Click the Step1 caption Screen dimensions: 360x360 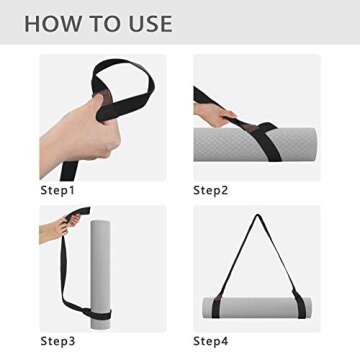57,189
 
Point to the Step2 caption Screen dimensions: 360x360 211,189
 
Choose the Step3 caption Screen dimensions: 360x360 57,341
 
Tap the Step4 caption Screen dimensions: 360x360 211,341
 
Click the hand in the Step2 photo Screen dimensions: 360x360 214,116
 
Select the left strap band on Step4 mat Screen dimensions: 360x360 218,306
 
